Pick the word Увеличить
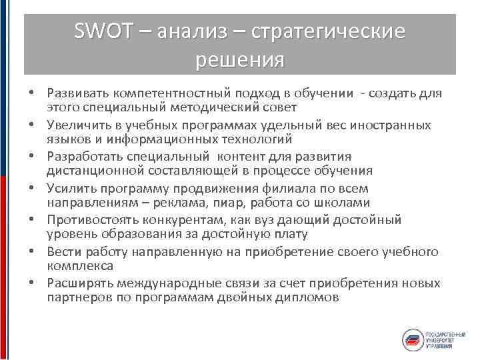[75, 125]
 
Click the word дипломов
[309, 297]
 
